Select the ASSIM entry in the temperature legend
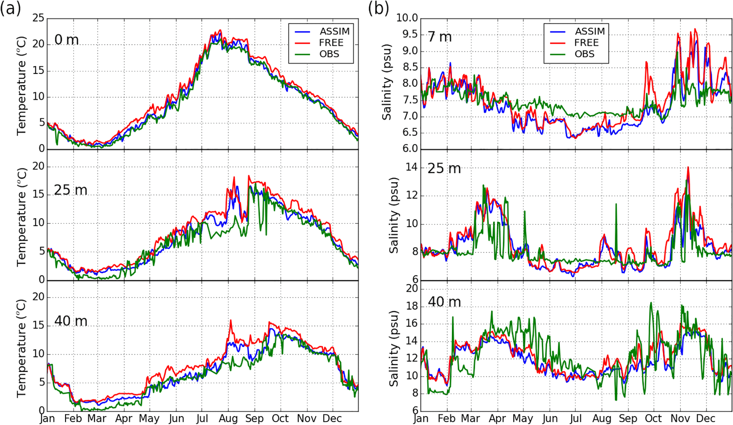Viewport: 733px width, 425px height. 334,32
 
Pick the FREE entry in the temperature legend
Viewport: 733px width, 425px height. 331,43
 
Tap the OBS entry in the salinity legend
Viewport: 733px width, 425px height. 584,54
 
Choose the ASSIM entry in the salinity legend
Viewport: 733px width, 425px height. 590,32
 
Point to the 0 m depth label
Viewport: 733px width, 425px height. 66,40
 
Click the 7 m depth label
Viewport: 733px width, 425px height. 440,37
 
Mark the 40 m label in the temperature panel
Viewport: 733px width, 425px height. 71,321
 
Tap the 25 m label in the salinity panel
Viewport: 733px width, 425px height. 444,168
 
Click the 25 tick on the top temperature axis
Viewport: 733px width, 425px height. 38,18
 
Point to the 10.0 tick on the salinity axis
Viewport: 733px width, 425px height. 407,18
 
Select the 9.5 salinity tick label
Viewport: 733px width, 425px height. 410,34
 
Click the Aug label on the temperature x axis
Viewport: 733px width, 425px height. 228,419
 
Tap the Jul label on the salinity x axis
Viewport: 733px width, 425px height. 576,419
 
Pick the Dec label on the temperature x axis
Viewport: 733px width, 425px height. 332,419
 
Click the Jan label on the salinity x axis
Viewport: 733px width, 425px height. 421,419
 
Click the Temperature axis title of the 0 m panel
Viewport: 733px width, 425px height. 21,86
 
